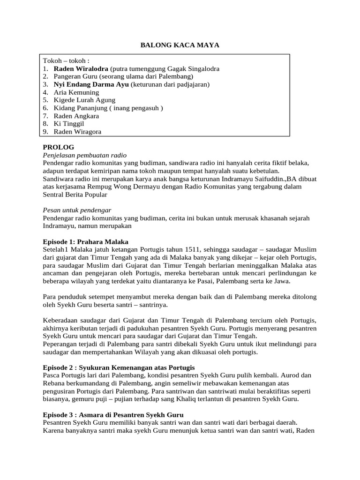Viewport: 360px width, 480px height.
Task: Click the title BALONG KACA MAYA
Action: click(x=180, y=45)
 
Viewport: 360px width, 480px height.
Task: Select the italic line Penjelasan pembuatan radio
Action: click(x=84, y=155)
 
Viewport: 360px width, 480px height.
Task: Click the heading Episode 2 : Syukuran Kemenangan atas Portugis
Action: click(x=119, y=367)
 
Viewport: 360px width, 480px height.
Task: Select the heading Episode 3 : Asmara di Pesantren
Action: click(x=113, y=415)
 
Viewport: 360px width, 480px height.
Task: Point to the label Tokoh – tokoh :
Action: click(x=66, y=61)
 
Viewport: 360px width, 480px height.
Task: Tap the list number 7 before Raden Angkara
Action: click(x=45, y=116)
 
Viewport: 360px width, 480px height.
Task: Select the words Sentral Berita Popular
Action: click(x=75, y=194)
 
